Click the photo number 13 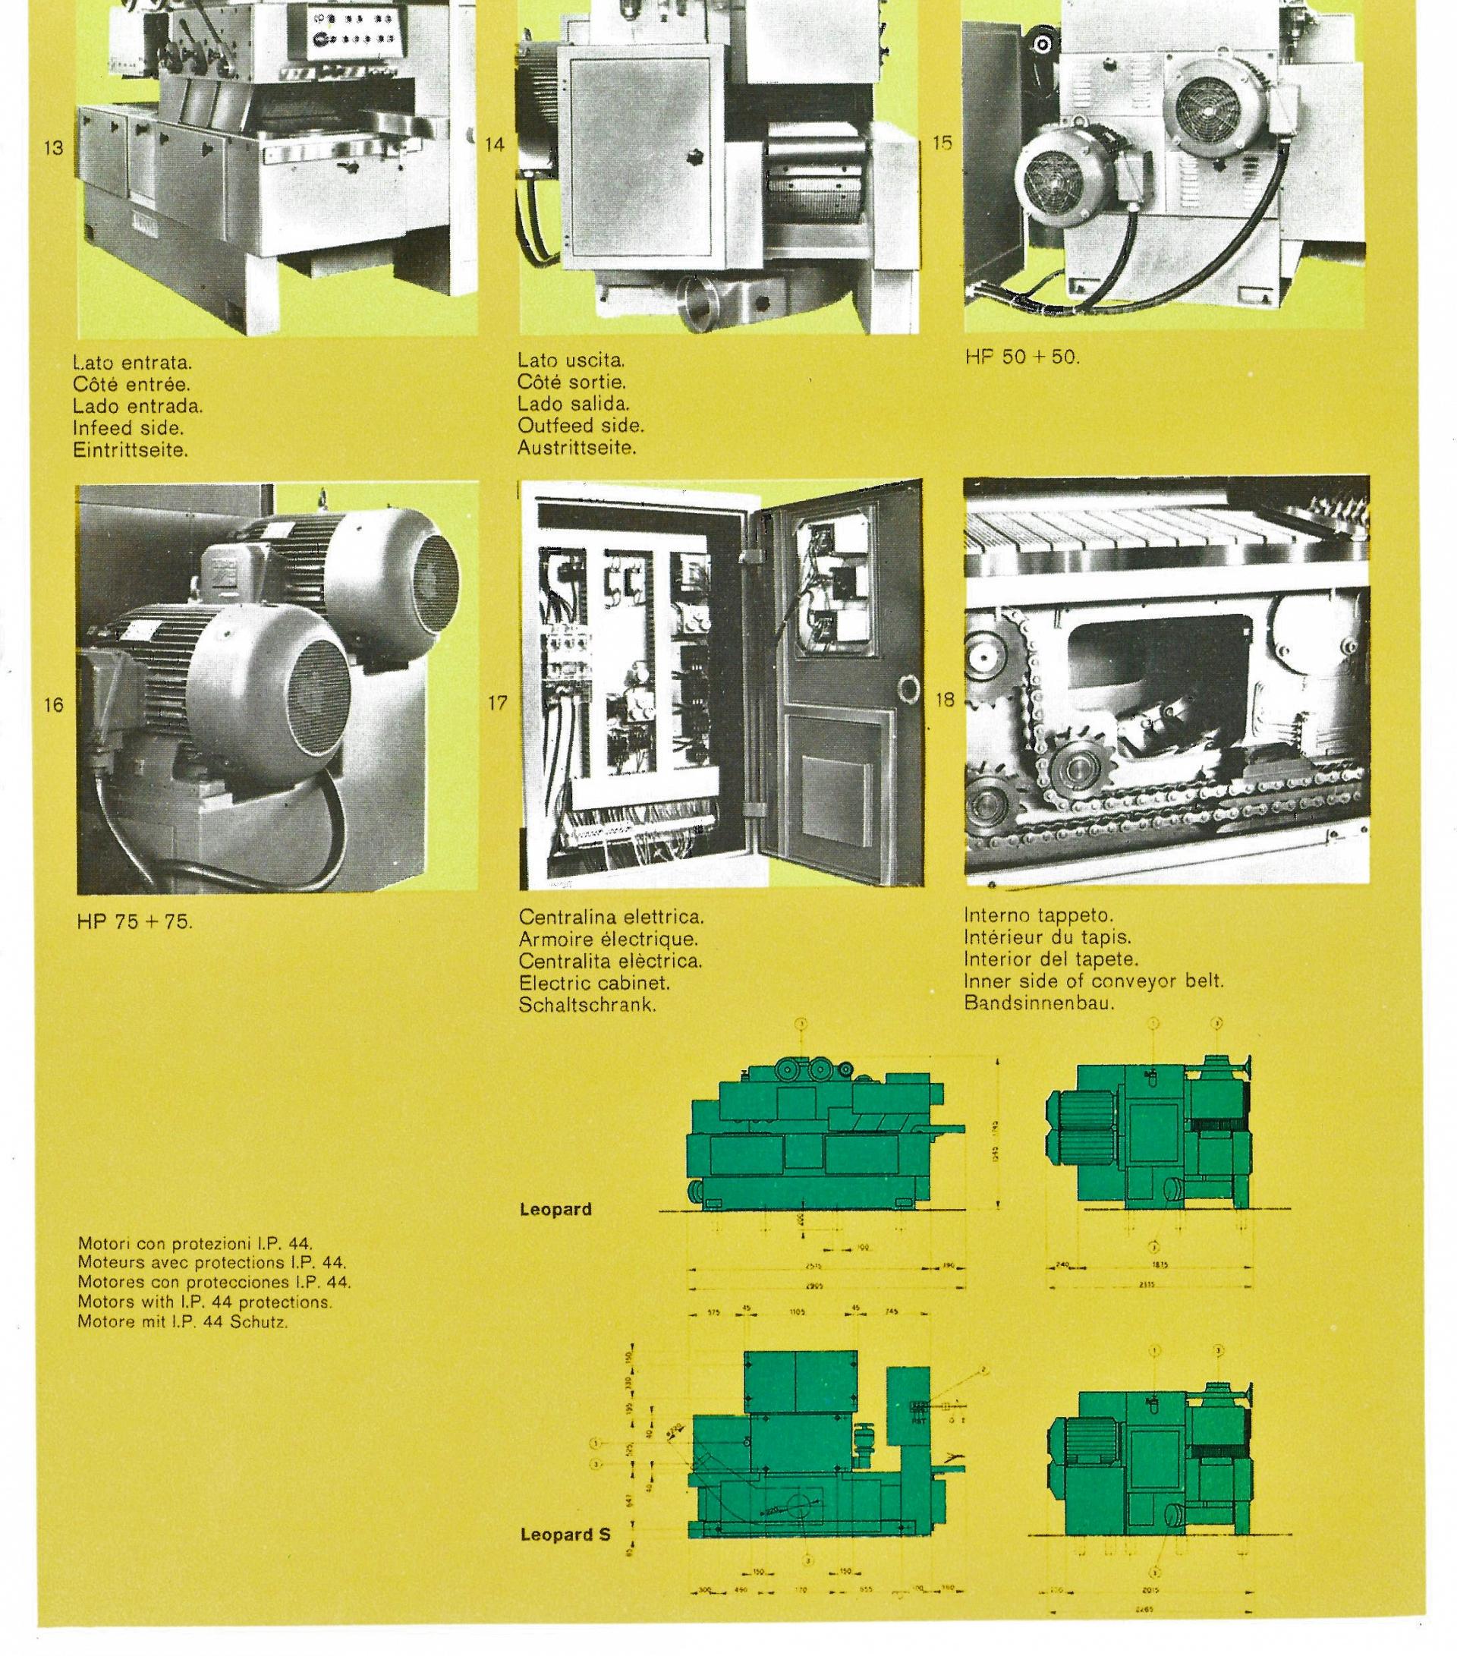[x=53, y=148]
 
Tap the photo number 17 [x=497, y=704]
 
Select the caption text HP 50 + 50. [x=1022, y=357]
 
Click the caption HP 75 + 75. [x=135, y=921]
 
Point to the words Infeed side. [x=128, y=428]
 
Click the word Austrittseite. [x=577, y=447]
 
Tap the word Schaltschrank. [x=587, y=1006]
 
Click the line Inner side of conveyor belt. [x=1094, y=981]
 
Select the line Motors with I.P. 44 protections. [x=205, y=1302]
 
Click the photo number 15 [x=942, y=143]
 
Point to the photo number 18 [x=944, y=700]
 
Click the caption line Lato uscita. [x=571, y=360]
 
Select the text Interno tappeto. [x=1038, y=915]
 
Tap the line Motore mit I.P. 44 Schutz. [x=183, y=1321]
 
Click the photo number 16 [x=53, y=705]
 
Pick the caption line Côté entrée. [x=131, y=384]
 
